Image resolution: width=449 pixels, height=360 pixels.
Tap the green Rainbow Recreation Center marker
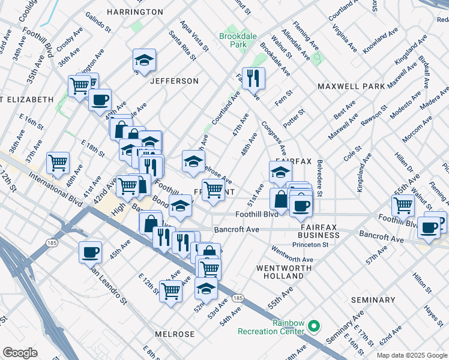(313, 327)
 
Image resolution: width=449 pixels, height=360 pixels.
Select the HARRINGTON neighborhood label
(135, 12)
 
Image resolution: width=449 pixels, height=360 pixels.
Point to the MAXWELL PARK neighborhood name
(351, 86)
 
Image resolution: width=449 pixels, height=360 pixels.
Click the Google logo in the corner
(20, 353)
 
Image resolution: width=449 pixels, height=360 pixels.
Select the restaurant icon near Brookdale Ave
(253, 77)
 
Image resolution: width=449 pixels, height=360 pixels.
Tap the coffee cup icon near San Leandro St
(90, 251)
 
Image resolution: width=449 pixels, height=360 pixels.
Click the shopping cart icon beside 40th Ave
(58, 161)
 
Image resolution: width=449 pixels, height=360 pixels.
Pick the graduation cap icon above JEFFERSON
(144, 59)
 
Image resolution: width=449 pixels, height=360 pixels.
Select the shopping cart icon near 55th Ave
(403, 205)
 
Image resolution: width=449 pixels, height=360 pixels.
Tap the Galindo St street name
(98, 20)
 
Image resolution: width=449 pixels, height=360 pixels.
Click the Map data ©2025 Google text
(411, 355)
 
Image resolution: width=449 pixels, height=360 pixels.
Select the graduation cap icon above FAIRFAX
(280, 172)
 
